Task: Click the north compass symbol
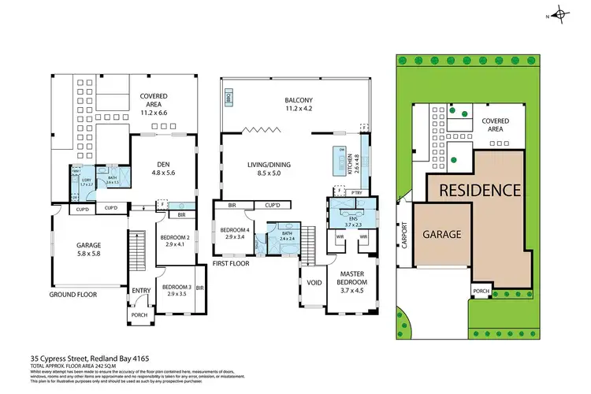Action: [560, 13]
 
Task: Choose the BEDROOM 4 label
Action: [233, 232]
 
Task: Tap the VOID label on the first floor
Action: [313, 281]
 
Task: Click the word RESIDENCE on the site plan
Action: [479, 190]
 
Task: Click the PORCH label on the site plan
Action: [481, 291]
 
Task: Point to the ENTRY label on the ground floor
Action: [141, 290]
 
